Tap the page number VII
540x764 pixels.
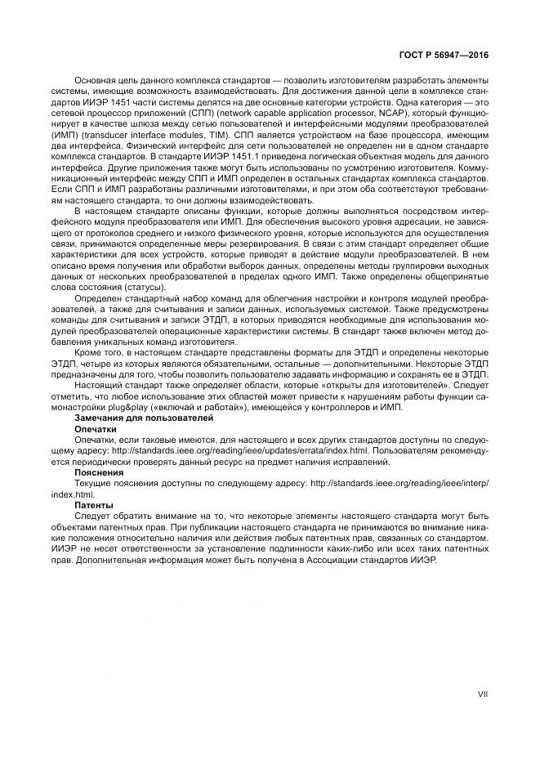pos(482,695)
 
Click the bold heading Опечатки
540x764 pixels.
pos(96,428)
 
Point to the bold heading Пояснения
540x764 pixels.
pos(98,472)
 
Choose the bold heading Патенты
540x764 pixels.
pos(93,505)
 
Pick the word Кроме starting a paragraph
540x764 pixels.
pos(89,351)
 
